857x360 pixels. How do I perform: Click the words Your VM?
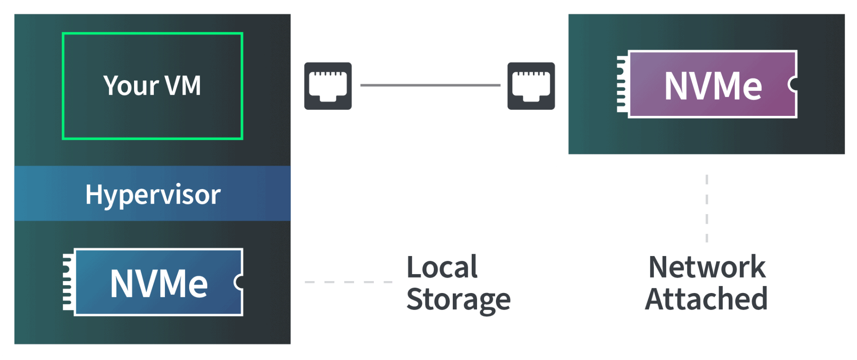tap(152, 85)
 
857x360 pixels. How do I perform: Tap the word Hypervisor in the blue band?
tap(153, 194)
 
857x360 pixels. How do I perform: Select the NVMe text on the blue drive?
tap(159, 283)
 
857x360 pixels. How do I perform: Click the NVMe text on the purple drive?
tap(713, 86)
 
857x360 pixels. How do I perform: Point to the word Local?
tap(442, 267)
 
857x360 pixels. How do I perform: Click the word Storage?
tap(458, 300)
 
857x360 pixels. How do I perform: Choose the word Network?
tap(707, 267)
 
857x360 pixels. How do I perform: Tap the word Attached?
tap(706, 299)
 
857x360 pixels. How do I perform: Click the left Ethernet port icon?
tap(328, 85)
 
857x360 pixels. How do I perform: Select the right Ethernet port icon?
tap(531, 85)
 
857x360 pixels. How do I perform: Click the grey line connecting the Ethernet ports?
tap(430, 85)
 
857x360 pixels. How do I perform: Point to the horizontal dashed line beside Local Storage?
tap(348, 282)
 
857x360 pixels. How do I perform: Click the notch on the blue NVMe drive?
tap(238, 282)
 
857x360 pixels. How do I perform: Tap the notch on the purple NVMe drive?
tap(793, 84)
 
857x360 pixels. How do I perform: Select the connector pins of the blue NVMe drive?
tap(67, 282)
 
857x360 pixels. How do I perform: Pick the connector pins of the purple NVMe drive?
tap(622, 84)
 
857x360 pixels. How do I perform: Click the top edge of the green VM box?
tap(152, 33)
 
